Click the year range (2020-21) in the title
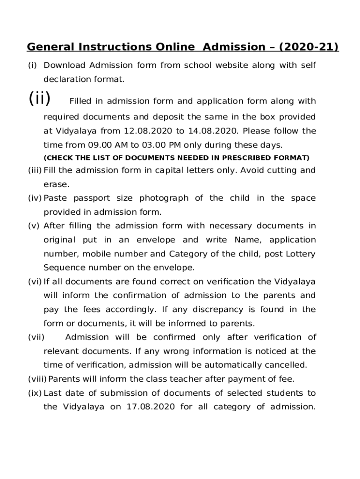[x=309, y=47]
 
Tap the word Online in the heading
[x=174, y=47]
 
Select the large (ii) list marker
[x=39, y=99]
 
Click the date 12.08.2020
[x=144, y=131]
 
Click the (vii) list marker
[x=36, y=337]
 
